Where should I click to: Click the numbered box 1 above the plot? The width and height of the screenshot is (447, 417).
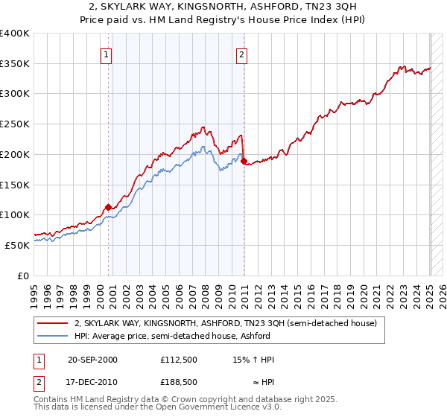pyautogui.click(x=107, y=54)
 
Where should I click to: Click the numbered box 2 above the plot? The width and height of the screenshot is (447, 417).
pyautogui.click(x=243, y=54)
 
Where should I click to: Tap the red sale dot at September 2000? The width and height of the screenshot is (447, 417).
pyautogui.click(x=109, y=207)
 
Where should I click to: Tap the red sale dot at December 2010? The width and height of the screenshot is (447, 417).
pyautogui.click(x=244, y=160)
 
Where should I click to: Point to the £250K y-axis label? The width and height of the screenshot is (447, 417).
pyautogui.click(x=15, y=124)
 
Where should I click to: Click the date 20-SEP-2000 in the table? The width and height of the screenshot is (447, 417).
pyautogui.click(x=92, y=360)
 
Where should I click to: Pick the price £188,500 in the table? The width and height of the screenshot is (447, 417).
pyautogui.click(x=178, y=381)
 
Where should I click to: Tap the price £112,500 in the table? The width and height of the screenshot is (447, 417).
pyautogui.click(x=178, y=360)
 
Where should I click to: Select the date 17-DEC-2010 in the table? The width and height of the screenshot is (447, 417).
pyautogui.click(x=92, y=381)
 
